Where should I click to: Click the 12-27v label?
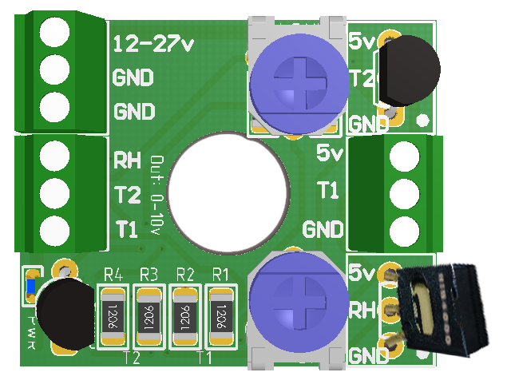click(x=153, y=44)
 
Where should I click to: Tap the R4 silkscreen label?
click(x=113, y=275)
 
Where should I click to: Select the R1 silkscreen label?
click(x=220, y=275)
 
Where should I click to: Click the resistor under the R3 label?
click(x=149, y=316)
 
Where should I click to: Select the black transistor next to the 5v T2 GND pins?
click(x=407, y=70)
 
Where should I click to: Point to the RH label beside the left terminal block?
click(x=128, y=160)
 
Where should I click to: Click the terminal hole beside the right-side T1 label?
click(x=404, y=192)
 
